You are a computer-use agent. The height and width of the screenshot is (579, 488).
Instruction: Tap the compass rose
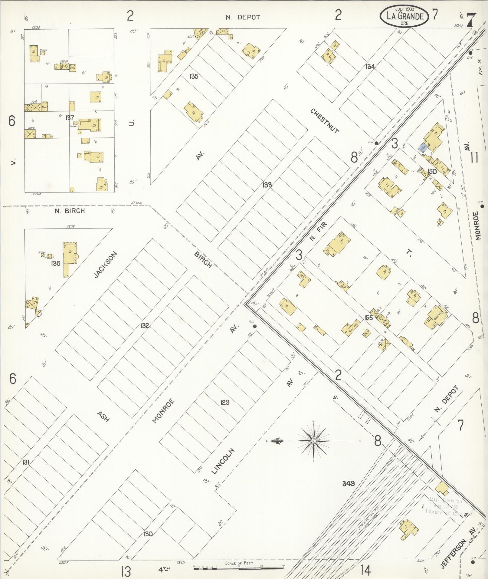tap(314, 441)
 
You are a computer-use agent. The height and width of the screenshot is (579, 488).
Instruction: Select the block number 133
tap(267, 185)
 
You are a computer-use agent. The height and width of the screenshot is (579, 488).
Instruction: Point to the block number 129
tap(225, 402)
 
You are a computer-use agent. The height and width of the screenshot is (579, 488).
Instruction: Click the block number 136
tap(56, 263)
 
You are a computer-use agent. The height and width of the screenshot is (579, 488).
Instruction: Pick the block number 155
tap(368, 318)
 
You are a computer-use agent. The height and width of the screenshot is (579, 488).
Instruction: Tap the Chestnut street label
tap(324, 121)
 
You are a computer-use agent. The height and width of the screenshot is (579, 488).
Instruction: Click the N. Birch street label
tap(70, 211)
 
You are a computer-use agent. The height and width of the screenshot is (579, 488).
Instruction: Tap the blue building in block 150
tap(423, 148)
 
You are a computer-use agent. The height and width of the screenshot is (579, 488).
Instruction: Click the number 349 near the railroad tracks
tap(348, 483)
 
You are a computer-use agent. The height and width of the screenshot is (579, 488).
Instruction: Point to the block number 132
tap(145, 326)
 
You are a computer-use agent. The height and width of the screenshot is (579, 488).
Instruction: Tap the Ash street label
tap(103, 416)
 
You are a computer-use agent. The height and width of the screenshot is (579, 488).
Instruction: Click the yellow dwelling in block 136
tap(69, 259)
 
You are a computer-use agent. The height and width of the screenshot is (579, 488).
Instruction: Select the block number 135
tap(194, 76)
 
